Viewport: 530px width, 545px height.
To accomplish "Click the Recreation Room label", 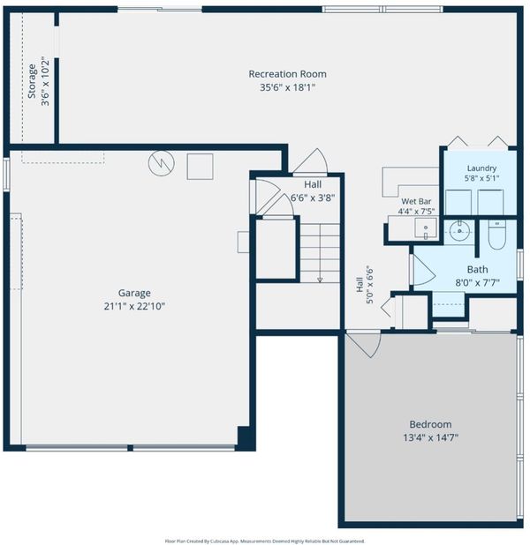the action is coord(287,74).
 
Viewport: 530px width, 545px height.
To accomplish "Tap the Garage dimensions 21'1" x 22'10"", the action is coord(134,306).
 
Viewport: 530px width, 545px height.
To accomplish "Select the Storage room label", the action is coord(32,81).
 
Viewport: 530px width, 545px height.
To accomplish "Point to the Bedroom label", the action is coord(430,424).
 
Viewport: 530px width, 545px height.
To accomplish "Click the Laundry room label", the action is coord(481,168).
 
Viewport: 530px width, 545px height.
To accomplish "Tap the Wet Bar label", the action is coord(416,201).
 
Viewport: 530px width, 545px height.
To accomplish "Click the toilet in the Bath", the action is coord(496,235).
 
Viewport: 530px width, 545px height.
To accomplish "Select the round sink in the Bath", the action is coord(459,230).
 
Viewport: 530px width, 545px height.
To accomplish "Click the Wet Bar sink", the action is coord(426,228).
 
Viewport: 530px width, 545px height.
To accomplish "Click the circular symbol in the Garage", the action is coord(162,163).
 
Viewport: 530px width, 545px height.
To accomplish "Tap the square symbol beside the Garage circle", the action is coord(200,167).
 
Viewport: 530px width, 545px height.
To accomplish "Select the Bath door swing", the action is coord(424,270).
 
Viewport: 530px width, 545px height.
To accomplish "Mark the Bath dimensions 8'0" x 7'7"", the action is coord(477,282).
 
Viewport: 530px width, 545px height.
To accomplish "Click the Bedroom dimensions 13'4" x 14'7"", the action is coord(430,437).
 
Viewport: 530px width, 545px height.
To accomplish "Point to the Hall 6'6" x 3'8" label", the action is coord(313,190).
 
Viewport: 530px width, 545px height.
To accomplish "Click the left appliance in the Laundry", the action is coord(458,202).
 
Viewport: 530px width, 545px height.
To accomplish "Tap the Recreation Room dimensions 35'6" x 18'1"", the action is coord(287,87).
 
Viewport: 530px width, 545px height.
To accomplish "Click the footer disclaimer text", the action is coord(265,541).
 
